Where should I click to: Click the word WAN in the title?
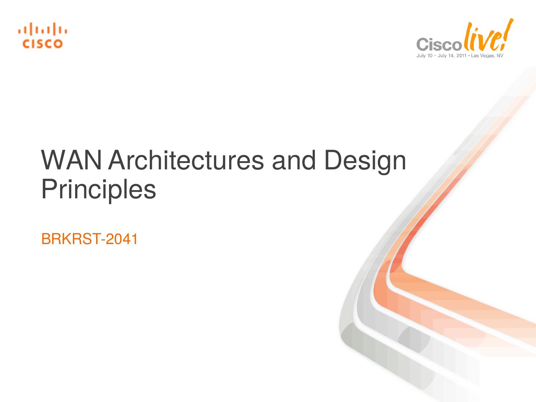(x=71, y=160)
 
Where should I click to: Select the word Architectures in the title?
(x=185, y=160)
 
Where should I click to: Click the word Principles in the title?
(x=99, y=190)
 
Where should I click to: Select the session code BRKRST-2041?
(x=89, y=239)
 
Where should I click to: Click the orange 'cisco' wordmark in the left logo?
(x=43, y=44)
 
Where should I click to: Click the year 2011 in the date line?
(x=461, y=56)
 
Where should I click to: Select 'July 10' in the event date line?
(x=425, y=56)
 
